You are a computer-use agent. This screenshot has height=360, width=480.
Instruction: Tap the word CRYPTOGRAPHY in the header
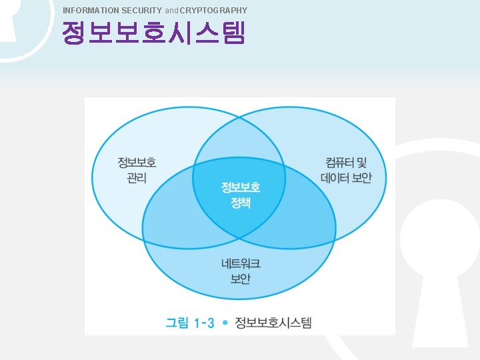[213, 10]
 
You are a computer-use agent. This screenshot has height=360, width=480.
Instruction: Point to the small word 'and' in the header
[172, 11]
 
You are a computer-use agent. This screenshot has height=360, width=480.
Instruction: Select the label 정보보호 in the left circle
[137, 163]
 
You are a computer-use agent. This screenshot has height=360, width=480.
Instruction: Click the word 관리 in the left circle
[137, 178]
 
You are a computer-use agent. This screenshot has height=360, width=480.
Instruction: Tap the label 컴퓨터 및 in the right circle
[345, 163]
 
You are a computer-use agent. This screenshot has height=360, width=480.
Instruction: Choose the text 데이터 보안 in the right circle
[345, 178]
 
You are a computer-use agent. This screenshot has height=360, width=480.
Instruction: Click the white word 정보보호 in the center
[241, 187]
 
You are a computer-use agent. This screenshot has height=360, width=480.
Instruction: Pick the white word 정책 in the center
[241, 202]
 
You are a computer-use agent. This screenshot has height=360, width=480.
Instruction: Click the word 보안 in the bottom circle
[241, 279]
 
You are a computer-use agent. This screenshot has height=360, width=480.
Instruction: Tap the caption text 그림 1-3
[190, 323]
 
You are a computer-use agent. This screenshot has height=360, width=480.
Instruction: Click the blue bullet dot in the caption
[226, 323]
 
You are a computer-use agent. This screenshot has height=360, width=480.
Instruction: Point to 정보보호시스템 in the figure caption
[273, 323]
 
